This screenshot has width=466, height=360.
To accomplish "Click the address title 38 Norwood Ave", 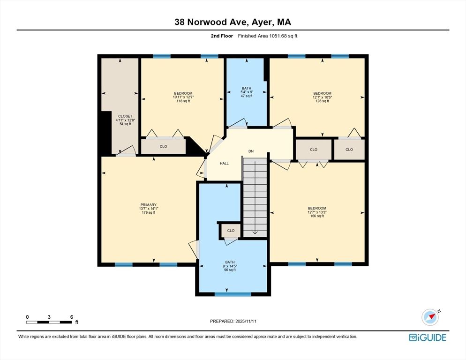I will point(233,22).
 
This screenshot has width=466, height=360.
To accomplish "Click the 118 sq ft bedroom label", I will point(183,97).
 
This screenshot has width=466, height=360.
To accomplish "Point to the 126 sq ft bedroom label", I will point(322,97).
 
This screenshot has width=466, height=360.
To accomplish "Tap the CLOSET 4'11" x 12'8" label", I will point(125,120).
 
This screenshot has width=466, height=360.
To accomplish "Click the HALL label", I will point(224,163).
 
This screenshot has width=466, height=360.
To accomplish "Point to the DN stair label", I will point(251,151).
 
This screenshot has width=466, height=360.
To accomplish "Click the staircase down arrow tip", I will point(255,232).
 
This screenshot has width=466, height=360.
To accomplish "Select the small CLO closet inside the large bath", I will point(231,231).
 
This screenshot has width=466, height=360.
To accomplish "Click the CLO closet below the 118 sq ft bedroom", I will point(163,146).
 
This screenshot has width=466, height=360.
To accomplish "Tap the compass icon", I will point(430,317).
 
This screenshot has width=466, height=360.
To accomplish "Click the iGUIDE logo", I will point(427,337).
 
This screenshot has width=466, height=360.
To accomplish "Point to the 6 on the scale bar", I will point(71,317).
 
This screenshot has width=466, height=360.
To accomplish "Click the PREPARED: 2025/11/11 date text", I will point(233,321).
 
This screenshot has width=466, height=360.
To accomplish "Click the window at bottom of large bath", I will point(233,294).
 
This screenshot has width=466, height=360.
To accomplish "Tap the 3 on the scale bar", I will point(49,317).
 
